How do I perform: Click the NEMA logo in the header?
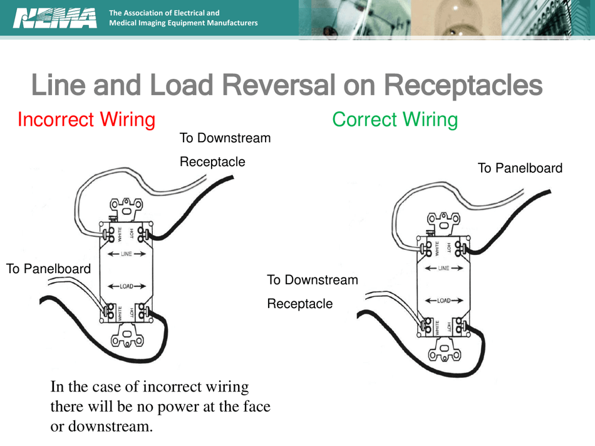pyautogui.click(x=54, y=18)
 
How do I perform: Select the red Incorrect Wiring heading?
pyautogui.click(x=86, y=119)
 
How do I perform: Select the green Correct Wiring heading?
pyautogui.click(x=395, y=119)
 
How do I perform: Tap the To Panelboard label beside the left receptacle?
pyautogui.click(x=48, y=269)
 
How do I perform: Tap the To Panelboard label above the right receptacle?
pyautogui.click(x=520, y=168)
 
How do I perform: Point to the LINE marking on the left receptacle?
pyautogui.click(x=127, y=254)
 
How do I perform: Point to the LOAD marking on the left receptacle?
pyautogui.click(x=127, y=286)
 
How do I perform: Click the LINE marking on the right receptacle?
pyautogui.click(x=443, y=268)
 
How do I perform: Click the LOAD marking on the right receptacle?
pyautogui.click(x=443, y=301)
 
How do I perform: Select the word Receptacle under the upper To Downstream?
pyautogui.click(x=212, y=162)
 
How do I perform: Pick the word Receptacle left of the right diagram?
pyautogui.click(x=300, y=304)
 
